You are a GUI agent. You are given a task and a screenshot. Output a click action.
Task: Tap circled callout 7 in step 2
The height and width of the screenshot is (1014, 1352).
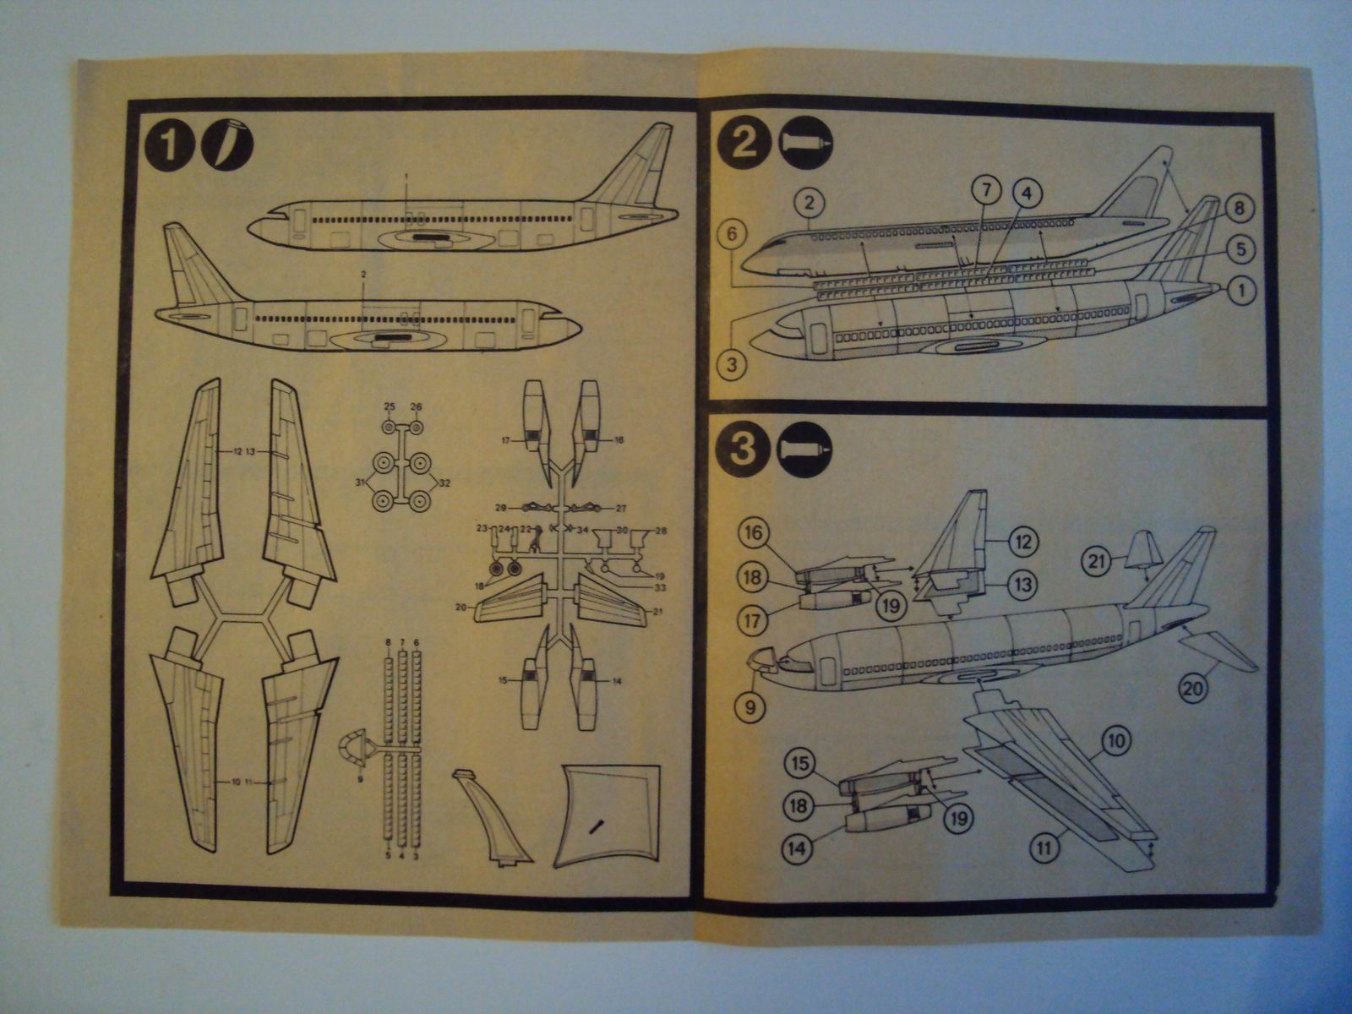point(985,191)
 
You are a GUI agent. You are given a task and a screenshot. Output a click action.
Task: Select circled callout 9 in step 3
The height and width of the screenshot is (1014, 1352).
point(751,706)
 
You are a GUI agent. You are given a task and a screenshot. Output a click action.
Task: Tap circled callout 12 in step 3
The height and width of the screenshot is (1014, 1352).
point(1023,542)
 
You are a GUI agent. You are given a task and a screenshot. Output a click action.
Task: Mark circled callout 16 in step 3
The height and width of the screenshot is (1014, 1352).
point(755,534)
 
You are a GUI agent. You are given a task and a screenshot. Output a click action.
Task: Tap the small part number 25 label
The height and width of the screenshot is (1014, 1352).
point(389,407)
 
